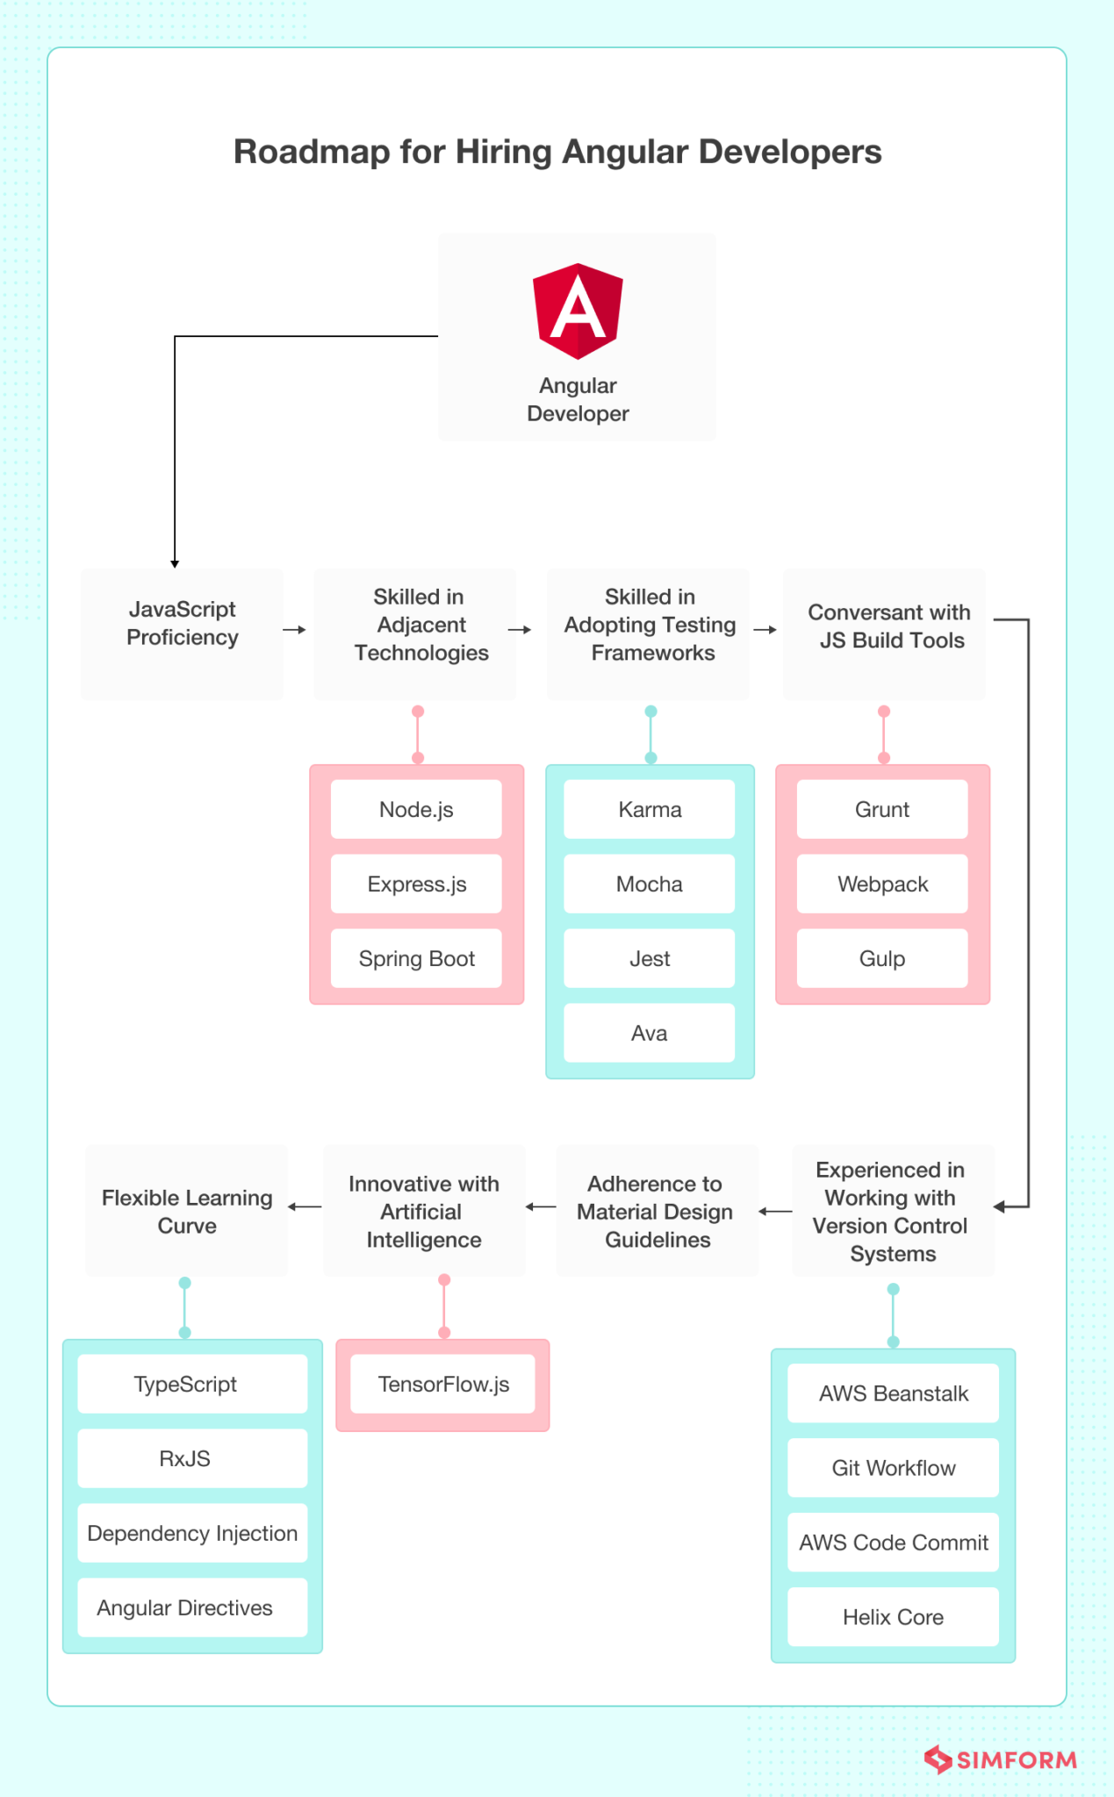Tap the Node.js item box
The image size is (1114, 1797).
(x=416, y=809)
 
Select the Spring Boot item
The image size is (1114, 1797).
(x=416, y=958)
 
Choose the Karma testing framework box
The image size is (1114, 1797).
(x=649, y=809)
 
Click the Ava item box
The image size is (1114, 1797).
(x=649, y=1033)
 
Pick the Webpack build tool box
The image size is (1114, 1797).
(x=882, y=884)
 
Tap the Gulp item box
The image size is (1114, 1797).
(x=882, y=958)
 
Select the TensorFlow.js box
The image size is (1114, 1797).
(x=442, y=1384)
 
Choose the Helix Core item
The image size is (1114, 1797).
(x=893, y=1616)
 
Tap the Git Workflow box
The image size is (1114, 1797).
(x=893, y=1467)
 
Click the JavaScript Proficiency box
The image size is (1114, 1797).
(x=182, y=634)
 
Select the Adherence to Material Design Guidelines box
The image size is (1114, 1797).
(x=657, y=1210)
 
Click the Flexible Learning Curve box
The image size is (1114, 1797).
(x=187, y=1210)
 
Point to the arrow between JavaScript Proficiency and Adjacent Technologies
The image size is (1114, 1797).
(x=295, y=629)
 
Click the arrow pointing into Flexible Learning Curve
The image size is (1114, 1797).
(x=305, y=1206)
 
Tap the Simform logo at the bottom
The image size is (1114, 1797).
(x=1001, y=1759)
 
